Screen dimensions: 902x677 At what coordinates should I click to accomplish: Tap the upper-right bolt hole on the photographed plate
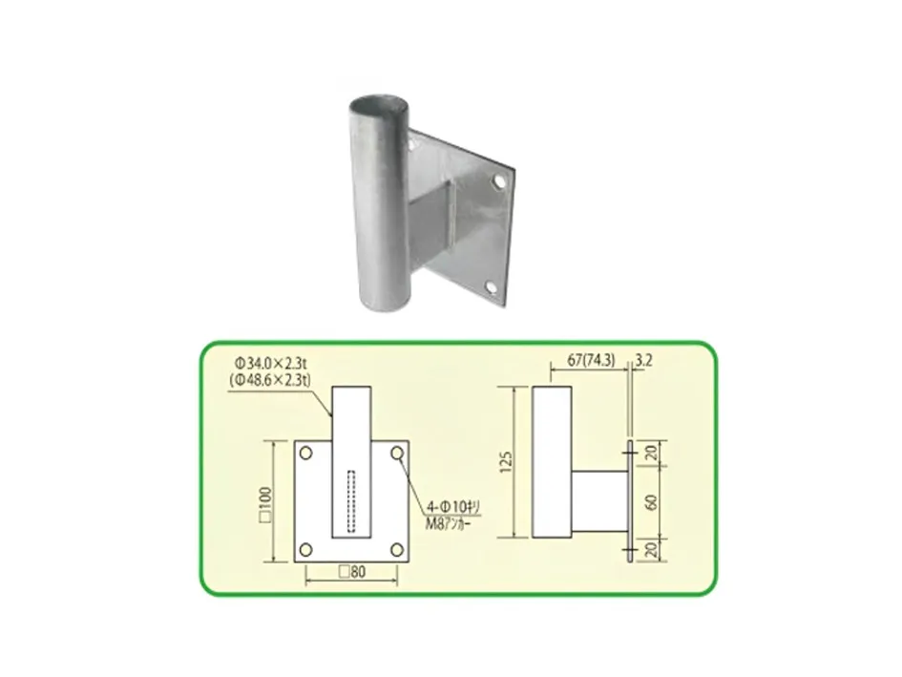499,181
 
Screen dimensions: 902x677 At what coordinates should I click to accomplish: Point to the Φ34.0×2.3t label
270,364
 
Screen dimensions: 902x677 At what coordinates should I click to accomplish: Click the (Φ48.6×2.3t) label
269,380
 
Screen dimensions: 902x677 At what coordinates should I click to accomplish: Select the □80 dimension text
352,572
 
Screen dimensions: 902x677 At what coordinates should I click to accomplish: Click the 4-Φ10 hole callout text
452,508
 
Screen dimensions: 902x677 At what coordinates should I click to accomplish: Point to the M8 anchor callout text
447,524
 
